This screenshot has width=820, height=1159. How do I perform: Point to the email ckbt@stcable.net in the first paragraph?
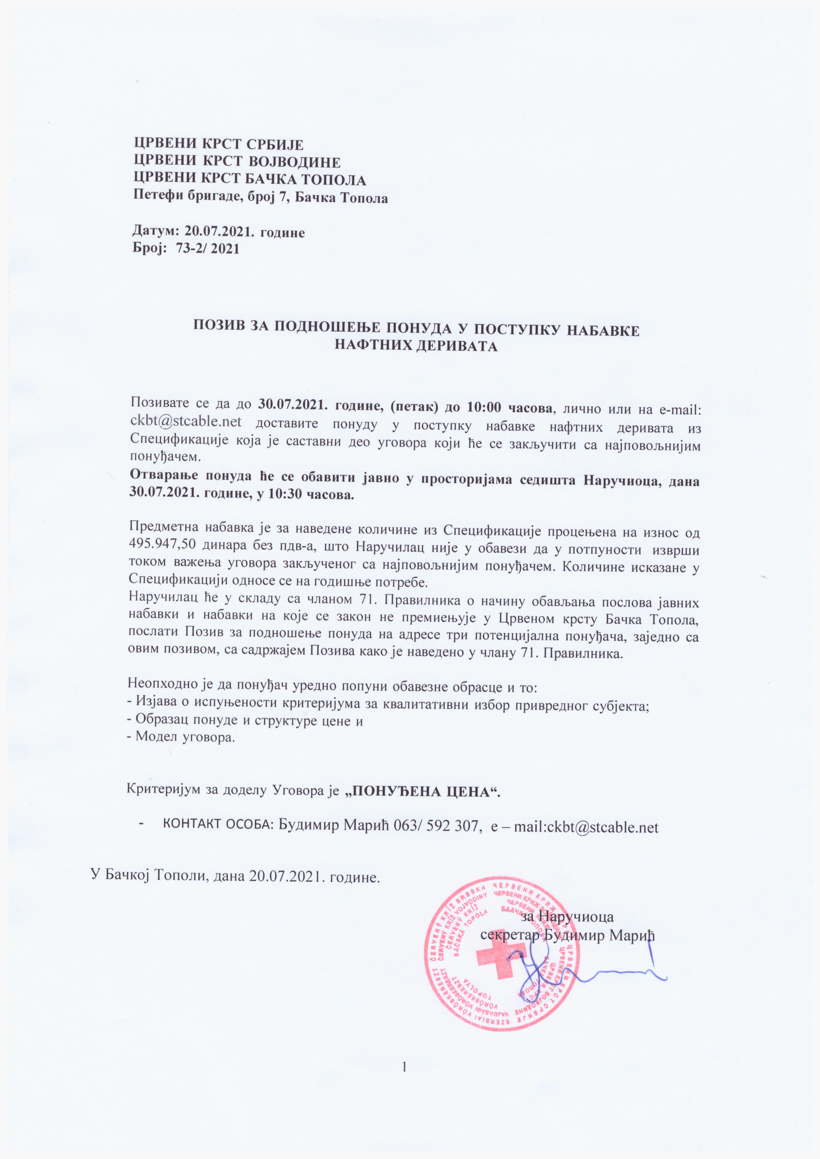coord(186,421)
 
